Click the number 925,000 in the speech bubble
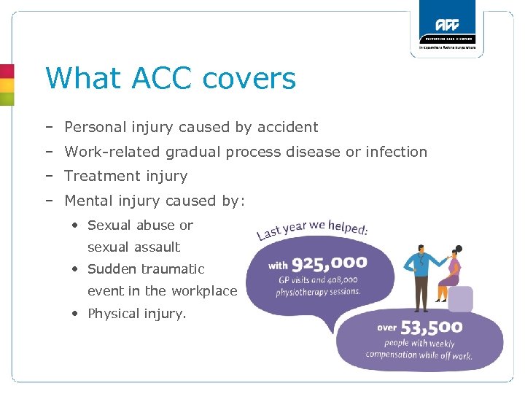click(x=328, y=263)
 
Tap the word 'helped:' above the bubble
click(x=348, y=227)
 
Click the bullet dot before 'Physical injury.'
click(x=76, y=314)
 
